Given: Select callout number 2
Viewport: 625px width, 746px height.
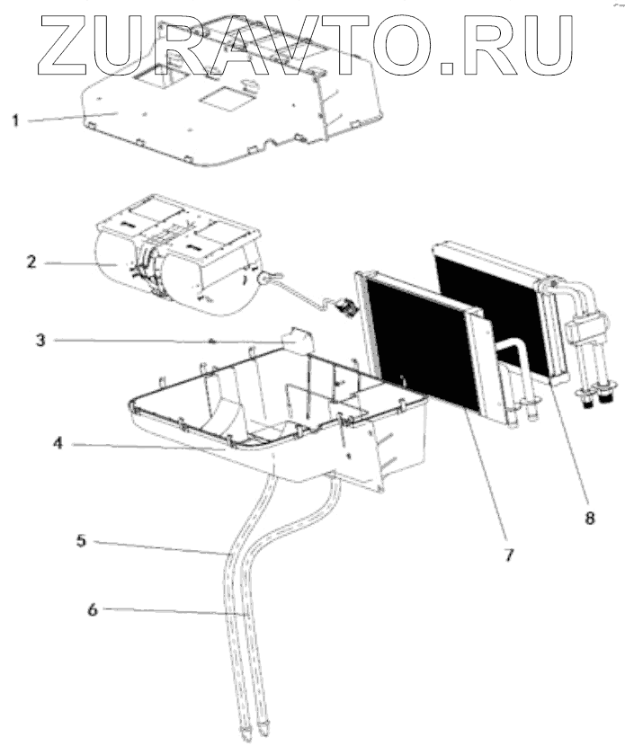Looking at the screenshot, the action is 31,262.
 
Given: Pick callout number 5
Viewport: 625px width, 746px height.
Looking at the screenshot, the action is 80,541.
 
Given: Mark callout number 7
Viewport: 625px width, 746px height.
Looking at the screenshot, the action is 508,555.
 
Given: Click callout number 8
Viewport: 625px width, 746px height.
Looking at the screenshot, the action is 590,519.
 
